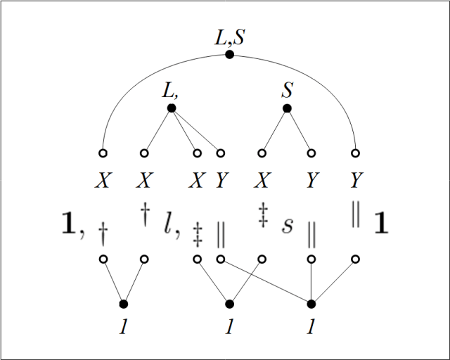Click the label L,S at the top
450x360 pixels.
click(230, 37)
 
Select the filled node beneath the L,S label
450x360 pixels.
click(229, 54)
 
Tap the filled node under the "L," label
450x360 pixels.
click(172, 108)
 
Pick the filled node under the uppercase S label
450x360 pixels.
click(287, 108)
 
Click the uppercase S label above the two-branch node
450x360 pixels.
click(288, 90)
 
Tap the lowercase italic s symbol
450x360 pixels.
click(288, 225)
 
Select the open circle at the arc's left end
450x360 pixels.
click(103, 153)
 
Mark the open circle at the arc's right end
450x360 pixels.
click(355, 153)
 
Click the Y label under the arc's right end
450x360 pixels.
click(356, 180)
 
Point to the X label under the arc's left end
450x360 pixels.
click(103, 180)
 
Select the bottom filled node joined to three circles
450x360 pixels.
click(311, 304)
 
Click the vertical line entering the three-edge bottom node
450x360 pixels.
click(311, 281)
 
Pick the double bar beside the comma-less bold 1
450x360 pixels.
click(356, 214)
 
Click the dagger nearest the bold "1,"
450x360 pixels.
click(103, 233)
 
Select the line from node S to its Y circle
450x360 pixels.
click(300, 131)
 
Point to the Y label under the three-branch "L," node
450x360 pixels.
click(221, 180)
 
